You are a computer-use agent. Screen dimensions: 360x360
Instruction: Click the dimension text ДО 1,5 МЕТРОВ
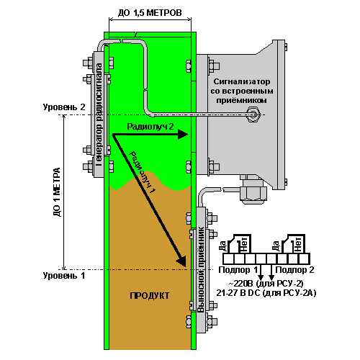[150, 13]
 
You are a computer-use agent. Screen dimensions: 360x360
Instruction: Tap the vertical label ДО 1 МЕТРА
[57, 192]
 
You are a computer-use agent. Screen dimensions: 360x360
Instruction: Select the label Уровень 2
[64, 107]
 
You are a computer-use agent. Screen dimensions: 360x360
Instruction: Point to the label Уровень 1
[64, 276]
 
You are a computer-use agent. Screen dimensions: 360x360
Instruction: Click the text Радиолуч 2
[150, 126]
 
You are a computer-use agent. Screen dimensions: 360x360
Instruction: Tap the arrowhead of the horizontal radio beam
[183, 134]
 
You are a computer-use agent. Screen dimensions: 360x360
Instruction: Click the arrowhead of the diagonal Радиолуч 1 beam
[181, 261]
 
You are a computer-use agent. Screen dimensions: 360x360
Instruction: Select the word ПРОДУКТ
[150, 296]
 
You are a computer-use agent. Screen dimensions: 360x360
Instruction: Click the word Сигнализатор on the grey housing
[242, 81]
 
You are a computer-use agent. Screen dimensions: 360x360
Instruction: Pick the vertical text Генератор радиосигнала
[99, 114]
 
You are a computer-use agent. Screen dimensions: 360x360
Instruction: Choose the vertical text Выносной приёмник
[201, 269]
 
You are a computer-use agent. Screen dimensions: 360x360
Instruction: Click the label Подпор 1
[238, 270]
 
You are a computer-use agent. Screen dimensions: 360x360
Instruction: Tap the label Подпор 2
[294, 270]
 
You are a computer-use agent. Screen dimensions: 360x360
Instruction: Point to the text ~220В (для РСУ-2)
[266, 284]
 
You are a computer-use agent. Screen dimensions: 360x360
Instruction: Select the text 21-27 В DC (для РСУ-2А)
[266, 293]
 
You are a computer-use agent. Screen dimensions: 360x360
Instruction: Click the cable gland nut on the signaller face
[254, 114]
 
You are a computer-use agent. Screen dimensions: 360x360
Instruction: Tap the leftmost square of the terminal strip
[228, 259]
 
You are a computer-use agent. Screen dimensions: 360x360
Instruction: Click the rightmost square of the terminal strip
[304, 259]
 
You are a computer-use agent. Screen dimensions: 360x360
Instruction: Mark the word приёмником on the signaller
[241, 100]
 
